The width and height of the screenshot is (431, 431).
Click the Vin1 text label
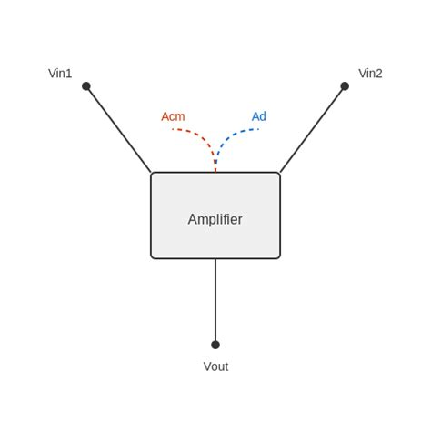[60, 74]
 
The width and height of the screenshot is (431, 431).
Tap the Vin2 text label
[370, 74]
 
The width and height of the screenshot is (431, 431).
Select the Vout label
[215, 366]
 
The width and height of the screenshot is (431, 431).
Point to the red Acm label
[173, 116]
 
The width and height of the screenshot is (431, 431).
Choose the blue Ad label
[259, 116]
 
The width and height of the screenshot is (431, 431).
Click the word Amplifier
[215, 219]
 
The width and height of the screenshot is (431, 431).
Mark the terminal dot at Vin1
[86, 86]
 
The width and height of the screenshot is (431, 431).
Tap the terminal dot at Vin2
[345, 86]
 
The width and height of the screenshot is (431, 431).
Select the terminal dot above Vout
[215, 345]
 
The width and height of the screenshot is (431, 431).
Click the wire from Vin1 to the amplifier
[118, 129]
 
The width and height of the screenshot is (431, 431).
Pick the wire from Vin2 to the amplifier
[313, 129]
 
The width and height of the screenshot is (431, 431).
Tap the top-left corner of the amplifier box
[152, 174]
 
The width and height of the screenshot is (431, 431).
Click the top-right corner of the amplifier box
[279, 174]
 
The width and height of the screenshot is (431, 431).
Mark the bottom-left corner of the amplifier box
[152, 257]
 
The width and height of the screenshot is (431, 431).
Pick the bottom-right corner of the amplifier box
[279, 257]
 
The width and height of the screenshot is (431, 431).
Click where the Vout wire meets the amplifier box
[215, 259]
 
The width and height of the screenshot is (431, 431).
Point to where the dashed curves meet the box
[215, 172]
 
